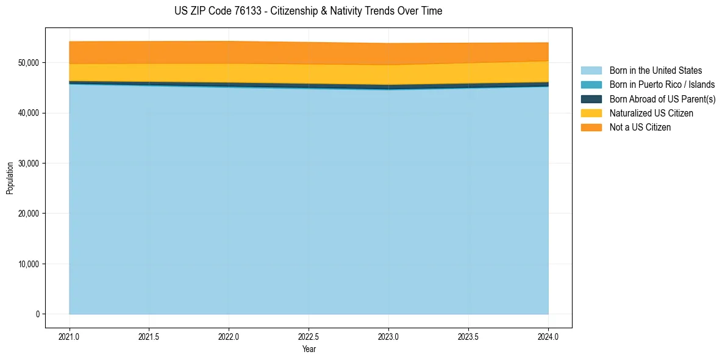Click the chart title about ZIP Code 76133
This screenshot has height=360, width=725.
point(308,11)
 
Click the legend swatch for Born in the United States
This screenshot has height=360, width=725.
point(591,71)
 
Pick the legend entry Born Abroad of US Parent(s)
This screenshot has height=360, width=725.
point(662,99)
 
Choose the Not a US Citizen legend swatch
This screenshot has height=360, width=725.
point(591,128)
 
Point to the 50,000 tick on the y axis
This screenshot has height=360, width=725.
point(29,63)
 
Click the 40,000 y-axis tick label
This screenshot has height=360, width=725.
point(29,113)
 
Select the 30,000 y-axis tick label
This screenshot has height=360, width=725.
point(29,164)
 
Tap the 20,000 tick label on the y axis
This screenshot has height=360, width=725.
point(29,214)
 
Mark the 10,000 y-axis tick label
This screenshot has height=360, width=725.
point(29,264)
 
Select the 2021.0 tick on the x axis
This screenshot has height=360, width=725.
point(70,336)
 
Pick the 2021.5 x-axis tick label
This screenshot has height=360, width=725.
point(149,336)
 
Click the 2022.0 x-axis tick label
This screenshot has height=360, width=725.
point(229,336)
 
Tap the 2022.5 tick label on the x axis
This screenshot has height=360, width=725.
point(309,336)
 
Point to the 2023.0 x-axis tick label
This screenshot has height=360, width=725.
point(389,336)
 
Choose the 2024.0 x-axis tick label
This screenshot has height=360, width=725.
point(548,336)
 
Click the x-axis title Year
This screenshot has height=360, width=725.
point(309,349)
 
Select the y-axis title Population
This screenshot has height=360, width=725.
point(10,178)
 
